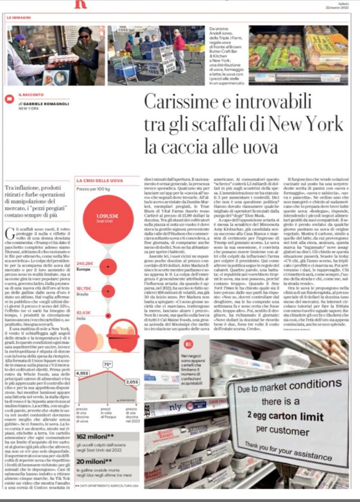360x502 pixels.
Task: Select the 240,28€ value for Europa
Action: coord(84,263)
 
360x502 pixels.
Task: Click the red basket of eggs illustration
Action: coord(123,335)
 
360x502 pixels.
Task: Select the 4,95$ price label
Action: coord(83,373)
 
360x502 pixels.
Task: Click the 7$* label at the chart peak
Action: coord(107,364)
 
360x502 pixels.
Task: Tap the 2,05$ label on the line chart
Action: coord(131,381)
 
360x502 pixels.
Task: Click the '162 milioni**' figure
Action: coord(95,436)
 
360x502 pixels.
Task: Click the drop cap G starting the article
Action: coord(10,234)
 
